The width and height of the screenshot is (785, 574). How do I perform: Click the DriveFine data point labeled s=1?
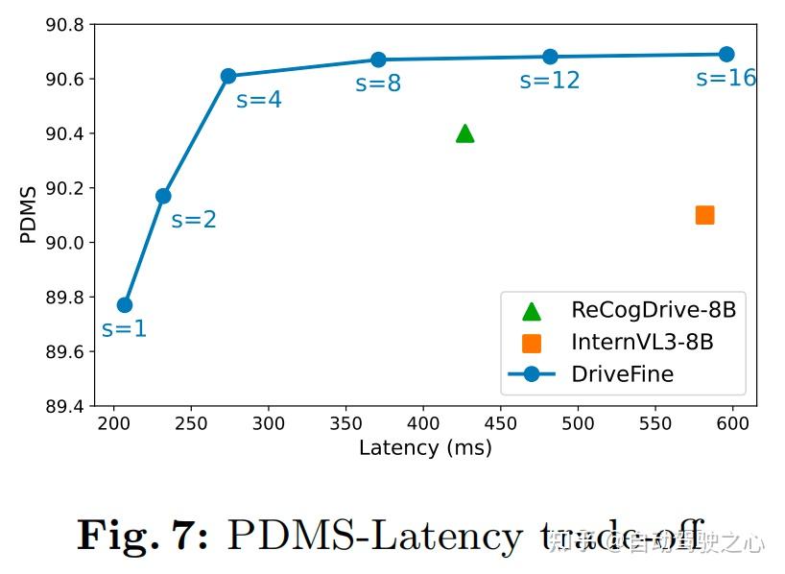pos(125,305)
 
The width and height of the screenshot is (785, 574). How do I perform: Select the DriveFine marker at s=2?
pos(163,196)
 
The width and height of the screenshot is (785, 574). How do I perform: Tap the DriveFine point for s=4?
pos(228,76)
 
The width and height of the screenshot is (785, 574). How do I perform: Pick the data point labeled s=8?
pos(378,60)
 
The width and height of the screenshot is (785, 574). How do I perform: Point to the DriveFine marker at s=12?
pos(550,57)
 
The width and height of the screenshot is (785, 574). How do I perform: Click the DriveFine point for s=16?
pos(726,55)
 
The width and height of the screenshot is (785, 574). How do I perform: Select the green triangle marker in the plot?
pos(465,133)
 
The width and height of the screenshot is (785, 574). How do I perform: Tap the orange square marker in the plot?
pos(704,215)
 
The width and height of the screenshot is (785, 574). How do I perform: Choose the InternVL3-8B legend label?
pos(642,342)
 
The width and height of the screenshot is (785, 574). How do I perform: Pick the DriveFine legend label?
pos(622,373)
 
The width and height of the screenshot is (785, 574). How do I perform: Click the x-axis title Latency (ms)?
pos(425,447)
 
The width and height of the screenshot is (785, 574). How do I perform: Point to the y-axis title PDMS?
pos(29,214)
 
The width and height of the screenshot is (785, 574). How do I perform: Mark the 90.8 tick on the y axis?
pos(64,24)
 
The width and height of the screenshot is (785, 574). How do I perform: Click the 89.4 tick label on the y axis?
pos(64,406)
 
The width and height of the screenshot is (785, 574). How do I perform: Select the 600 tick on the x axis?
pos(732,423)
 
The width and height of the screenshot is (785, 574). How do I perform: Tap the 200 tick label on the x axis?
pos(114,423)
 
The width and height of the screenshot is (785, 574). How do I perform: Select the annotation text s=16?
pos(726,78)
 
